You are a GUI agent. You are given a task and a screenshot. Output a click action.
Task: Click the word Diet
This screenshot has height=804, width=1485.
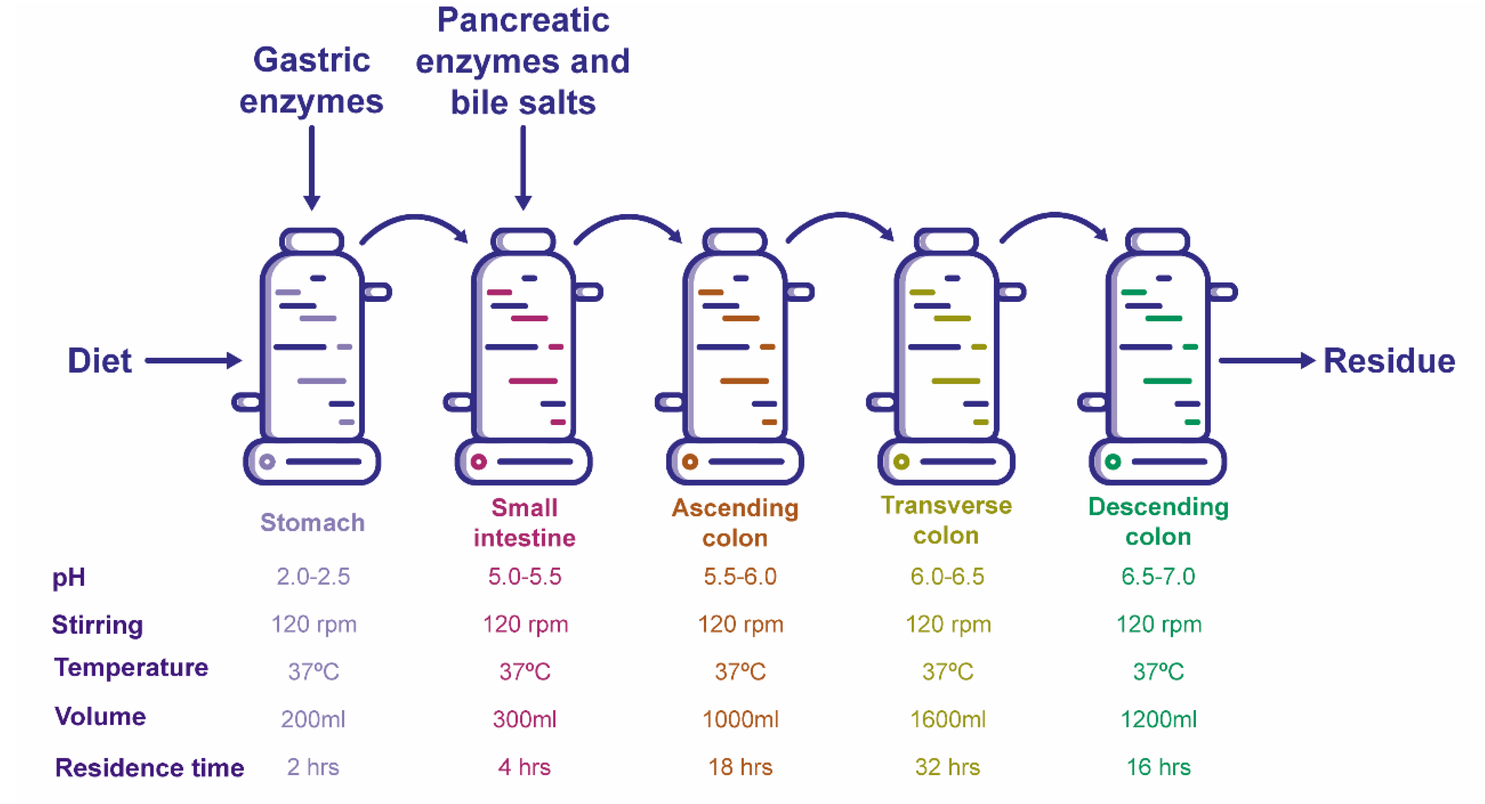click(99, 361)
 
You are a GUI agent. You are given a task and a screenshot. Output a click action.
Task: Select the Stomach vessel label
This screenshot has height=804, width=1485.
click(312, 523)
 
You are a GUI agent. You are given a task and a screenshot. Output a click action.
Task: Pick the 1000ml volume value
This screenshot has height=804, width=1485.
click(740, 719)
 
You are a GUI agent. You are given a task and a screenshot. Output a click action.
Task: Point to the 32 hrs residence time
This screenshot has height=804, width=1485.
click(947, 767)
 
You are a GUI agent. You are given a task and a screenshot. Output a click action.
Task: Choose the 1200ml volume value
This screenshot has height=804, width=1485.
click(1158, 719)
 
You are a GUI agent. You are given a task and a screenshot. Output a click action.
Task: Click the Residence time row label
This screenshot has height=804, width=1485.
click(149, 768)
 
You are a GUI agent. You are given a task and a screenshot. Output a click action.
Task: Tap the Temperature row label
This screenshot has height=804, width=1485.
click(131, 667)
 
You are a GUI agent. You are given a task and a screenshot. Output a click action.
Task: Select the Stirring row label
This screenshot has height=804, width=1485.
click(97, 625)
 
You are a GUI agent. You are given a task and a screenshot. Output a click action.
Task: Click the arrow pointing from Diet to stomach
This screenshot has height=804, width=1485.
click(193, 361)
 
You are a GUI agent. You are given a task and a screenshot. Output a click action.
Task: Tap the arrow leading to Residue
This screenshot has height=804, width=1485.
click(1267, 361)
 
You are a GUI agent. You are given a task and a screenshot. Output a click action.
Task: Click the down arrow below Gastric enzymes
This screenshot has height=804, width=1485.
click(311, 167)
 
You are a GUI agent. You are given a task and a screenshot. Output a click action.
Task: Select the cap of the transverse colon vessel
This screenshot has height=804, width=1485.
click(946, 240)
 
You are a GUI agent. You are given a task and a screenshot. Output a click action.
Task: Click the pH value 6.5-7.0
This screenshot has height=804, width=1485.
click(1158, 576)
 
